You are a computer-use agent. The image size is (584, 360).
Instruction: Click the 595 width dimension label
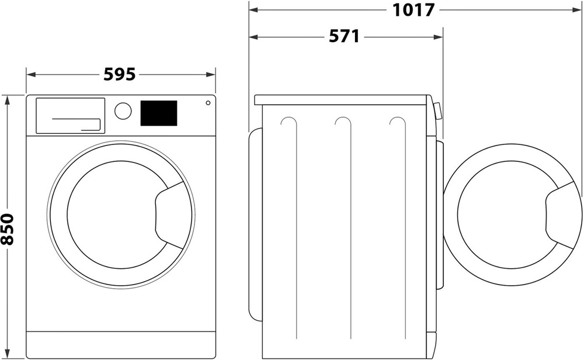tap(120, 74)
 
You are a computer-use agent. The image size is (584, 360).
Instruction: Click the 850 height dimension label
tap(8, 228)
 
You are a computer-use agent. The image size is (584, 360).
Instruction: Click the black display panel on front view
tap(158, 113)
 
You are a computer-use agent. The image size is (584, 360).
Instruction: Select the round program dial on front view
tap(123, 111)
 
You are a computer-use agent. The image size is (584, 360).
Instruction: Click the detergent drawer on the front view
tap(70, 115)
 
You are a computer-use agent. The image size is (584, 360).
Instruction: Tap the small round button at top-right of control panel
tap(207, 103)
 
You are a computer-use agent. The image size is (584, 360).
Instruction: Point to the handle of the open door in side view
tap(562, 213)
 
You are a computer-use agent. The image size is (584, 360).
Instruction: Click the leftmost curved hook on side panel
tap(288, 122)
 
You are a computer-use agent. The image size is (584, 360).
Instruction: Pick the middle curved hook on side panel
tap(343, 122)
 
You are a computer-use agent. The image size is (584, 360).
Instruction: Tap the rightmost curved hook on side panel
tap(397, 122)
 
